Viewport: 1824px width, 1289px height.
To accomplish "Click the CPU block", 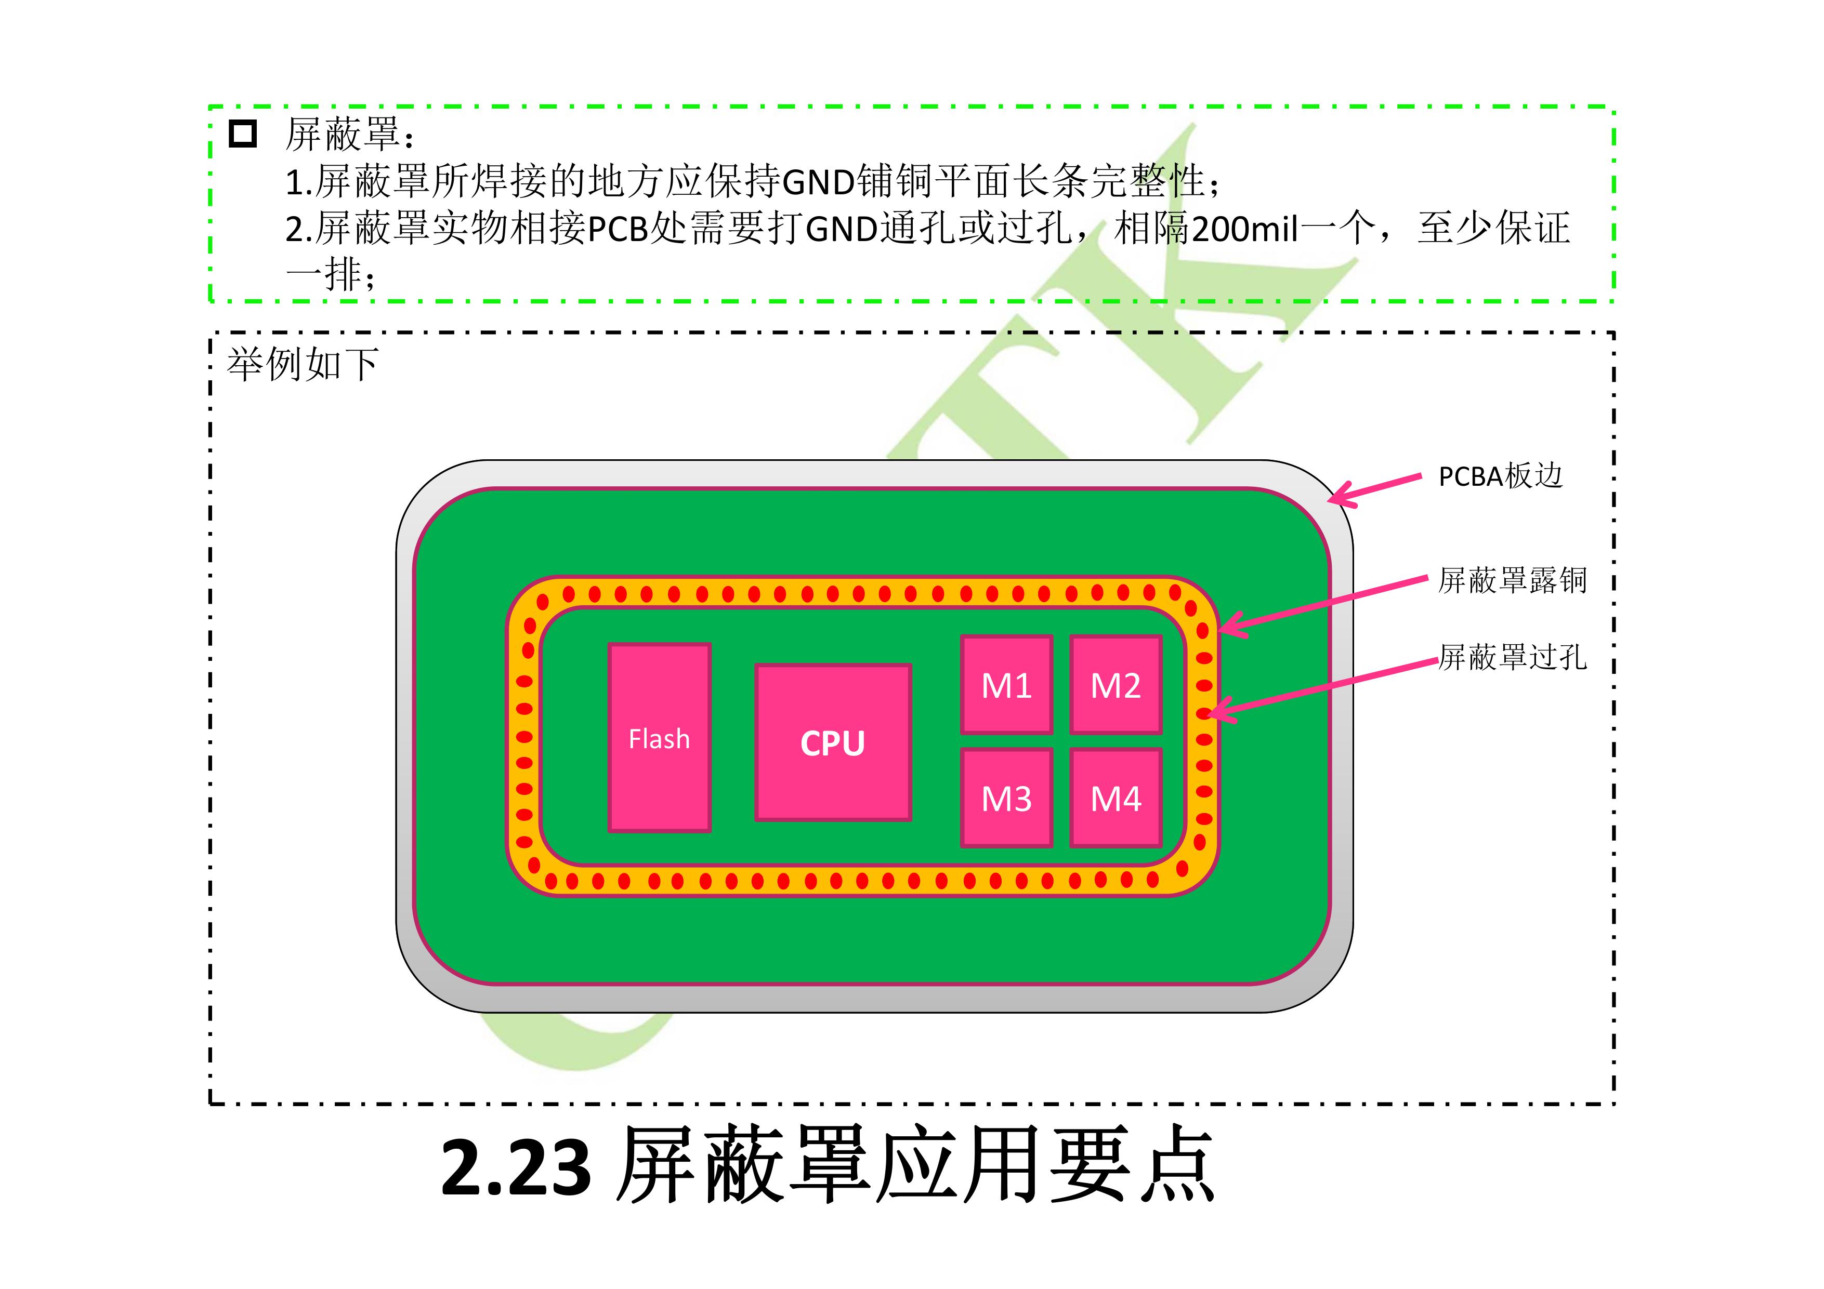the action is [833, 742].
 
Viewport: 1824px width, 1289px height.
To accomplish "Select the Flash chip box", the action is [659, 738].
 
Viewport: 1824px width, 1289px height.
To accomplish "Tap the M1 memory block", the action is [1006, 685].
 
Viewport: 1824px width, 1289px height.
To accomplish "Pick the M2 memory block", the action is [1116, 685].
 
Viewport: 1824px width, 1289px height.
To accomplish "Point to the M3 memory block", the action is [1006, 798].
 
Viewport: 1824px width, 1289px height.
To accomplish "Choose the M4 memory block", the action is [1116, 798].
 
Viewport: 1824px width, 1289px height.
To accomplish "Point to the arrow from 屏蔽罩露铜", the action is [1323, 605].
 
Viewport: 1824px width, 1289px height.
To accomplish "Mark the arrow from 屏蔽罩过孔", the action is [1323, 688].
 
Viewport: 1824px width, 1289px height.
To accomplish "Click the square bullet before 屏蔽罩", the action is [243, 134].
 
